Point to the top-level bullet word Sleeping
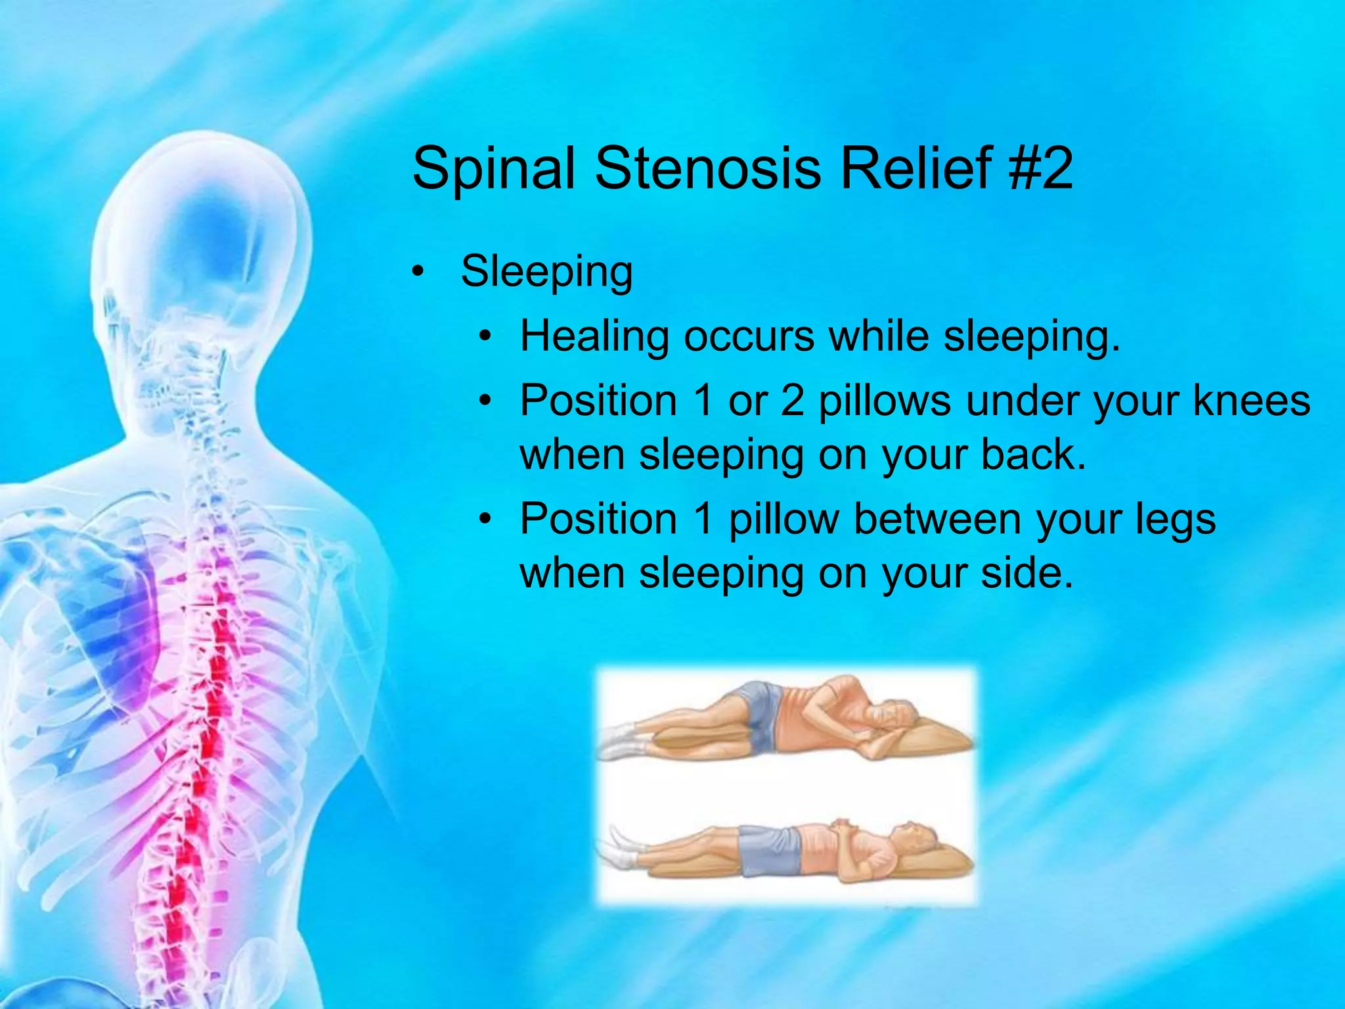546,271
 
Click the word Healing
594,336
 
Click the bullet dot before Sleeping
418,272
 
